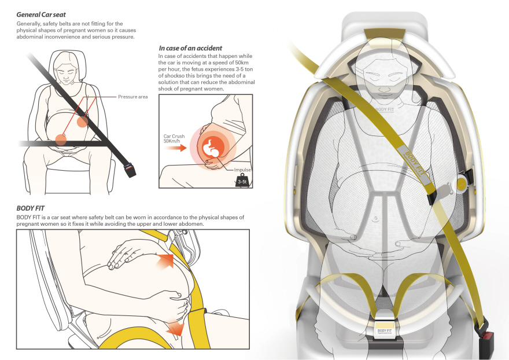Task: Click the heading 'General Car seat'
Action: [41, 14]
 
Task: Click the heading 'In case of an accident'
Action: [190, 48]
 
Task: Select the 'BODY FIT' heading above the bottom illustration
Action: [31, 208]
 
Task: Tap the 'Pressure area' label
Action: [133, 97]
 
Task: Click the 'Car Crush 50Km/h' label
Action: [174, 138]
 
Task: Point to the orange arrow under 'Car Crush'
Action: [176, 148]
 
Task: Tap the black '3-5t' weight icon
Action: [242, 181]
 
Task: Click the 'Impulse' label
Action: [242, 170]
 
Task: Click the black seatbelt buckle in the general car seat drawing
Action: [130, 170]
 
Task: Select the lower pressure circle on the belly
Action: [61, 139]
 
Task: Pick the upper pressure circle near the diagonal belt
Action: [83, 122]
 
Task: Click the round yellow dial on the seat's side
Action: [462, 184]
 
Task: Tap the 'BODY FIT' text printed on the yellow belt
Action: [414, 163]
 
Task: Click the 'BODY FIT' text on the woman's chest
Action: [384, 110]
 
